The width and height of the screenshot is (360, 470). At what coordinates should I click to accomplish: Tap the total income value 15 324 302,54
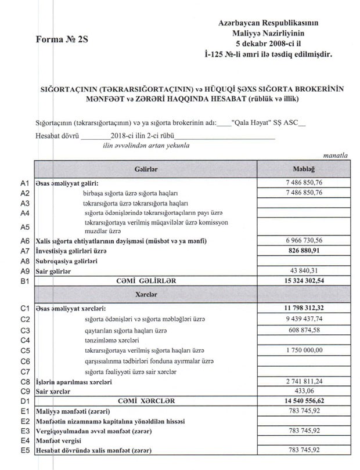click(x=303, y=281)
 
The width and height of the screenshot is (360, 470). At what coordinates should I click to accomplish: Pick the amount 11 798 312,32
click(x=303, y=307)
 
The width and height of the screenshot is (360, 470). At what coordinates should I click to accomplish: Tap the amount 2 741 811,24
click(x=303, y=383)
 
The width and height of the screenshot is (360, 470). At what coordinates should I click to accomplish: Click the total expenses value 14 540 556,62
click(x=303, y=401)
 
